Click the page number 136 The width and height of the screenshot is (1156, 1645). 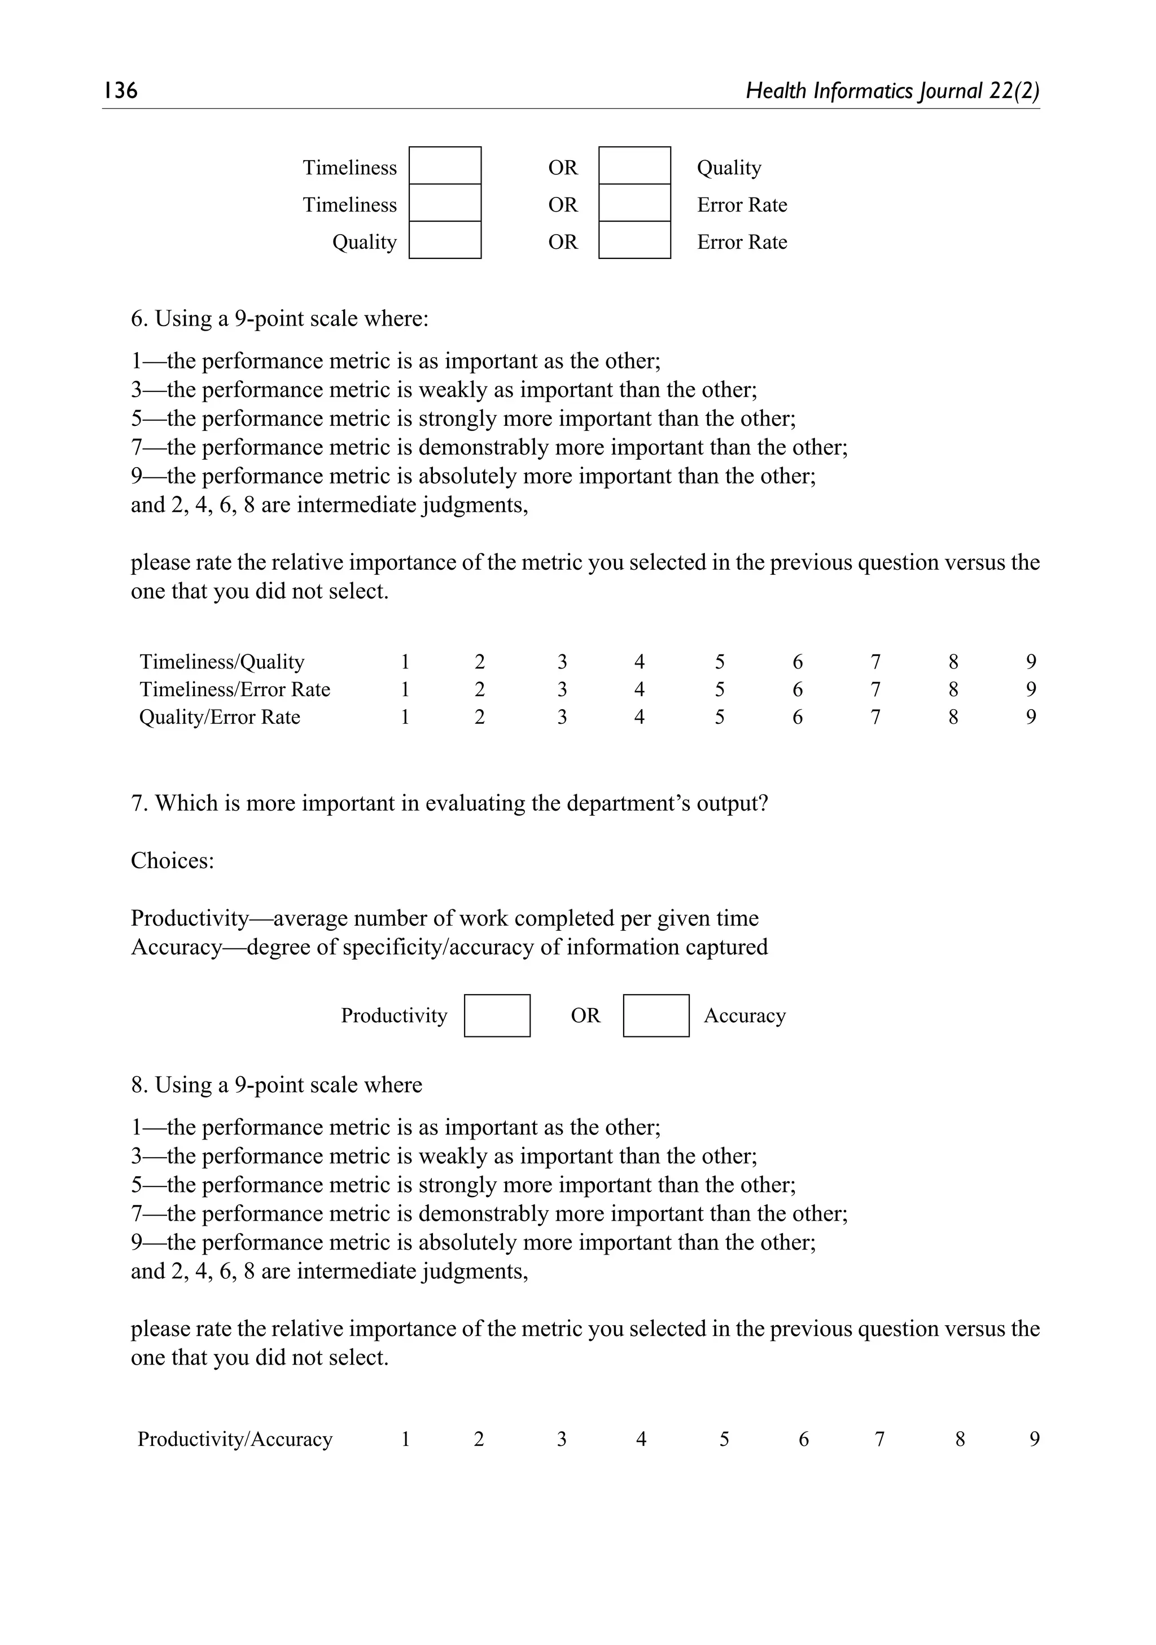120,90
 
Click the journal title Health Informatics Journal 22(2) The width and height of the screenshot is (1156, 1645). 892,90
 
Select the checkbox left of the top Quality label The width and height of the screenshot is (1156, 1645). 634,165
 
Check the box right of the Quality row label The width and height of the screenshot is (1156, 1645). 444,240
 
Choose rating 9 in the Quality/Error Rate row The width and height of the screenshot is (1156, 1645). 1031,716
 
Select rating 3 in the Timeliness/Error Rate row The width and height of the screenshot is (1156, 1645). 562,689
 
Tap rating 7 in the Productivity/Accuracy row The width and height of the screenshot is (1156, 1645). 879,1439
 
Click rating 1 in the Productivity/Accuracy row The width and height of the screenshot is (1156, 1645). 405,1439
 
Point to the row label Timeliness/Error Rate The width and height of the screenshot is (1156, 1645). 234,689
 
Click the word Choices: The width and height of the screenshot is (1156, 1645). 172,860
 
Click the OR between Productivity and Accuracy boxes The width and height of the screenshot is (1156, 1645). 585,1015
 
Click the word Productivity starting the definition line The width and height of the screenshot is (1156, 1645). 189,918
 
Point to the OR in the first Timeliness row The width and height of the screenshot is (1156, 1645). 563,167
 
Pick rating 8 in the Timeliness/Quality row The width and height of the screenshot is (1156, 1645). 952,661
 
